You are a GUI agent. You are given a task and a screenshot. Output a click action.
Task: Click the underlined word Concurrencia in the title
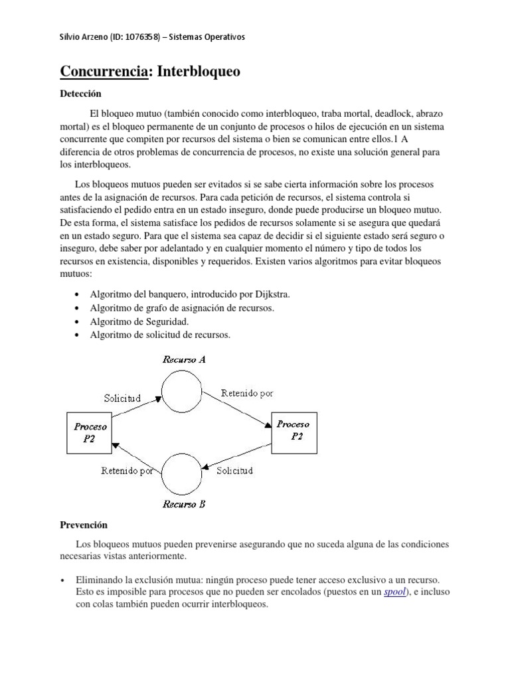(103, 72)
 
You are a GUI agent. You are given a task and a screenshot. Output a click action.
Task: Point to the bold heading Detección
(81, 94)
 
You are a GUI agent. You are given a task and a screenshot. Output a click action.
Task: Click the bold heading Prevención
(84, 525)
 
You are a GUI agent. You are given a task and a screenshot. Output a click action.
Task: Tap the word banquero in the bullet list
(161, 294)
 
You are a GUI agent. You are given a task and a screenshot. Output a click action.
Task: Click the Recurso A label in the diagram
(185, 359)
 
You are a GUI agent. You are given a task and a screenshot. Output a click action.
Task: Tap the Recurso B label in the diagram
(184, 504)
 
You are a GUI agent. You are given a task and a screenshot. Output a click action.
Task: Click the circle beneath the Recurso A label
(183, 390)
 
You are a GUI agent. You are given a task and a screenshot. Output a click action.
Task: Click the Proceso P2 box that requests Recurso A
(90, 433)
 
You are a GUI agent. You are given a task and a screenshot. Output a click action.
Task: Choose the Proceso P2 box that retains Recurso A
(293, 430)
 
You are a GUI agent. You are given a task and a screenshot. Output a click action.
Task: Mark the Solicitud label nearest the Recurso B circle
(235, 471)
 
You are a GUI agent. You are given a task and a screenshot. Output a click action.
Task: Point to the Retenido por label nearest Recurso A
(246, 393)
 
